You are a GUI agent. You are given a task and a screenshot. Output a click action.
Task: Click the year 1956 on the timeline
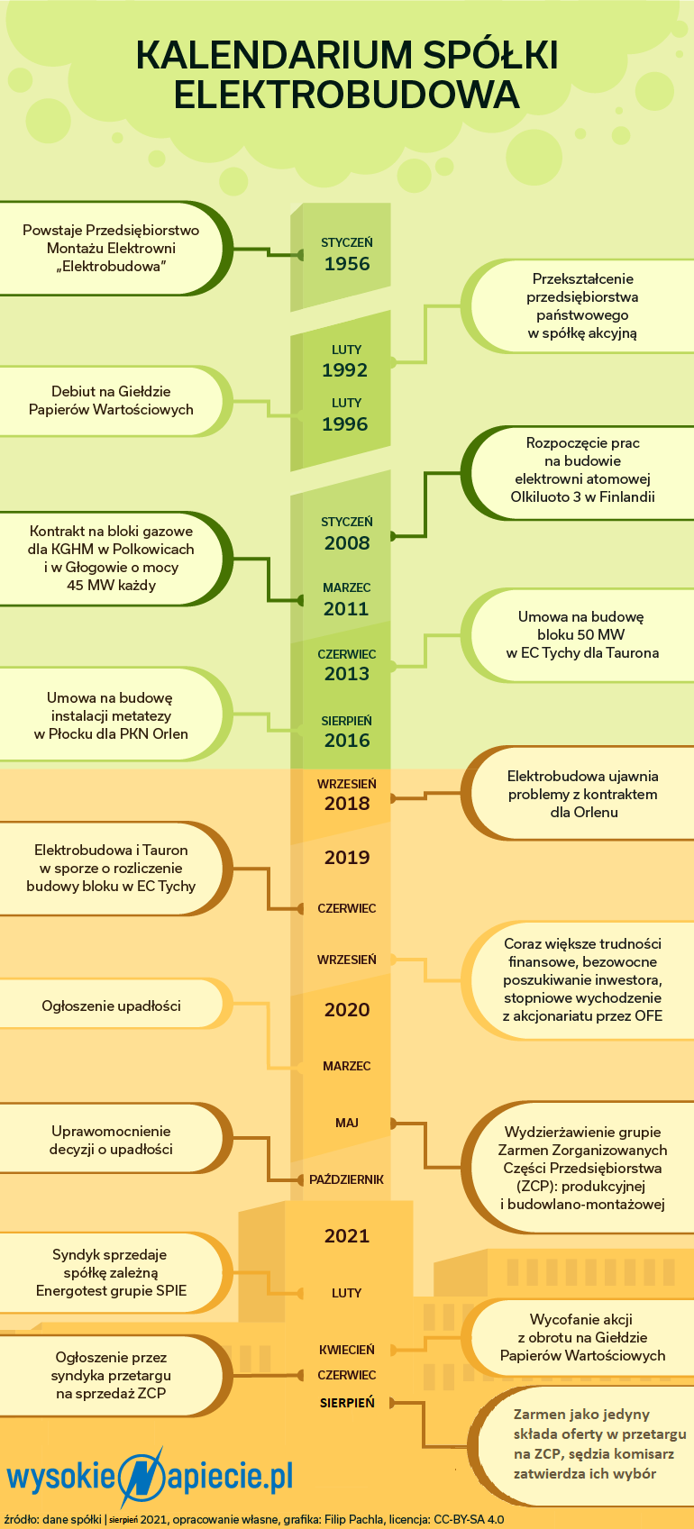(347, 264)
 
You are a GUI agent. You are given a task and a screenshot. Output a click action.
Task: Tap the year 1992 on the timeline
(345, 370)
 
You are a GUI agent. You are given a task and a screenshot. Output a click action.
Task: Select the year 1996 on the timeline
(345, 424)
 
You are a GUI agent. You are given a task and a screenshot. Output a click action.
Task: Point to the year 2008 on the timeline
(347, 543)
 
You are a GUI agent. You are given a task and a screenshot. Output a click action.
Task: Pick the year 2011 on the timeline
(346, 609)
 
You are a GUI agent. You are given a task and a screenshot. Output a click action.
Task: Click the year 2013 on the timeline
(347, 674)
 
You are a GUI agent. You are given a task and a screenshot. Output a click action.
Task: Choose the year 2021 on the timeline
(347, 1235)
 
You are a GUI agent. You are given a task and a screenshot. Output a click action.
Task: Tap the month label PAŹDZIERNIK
(346, 1179)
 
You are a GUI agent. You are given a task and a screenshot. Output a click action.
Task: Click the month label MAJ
(347, 1123)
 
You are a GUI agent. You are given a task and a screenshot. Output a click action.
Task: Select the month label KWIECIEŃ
(347, 1351)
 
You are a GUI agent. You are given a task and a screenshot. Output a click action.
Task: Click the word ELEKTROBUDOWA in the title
(347, 95)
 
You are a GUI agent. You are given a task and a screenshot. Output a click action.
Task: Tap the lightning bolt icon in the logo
(142, 1478)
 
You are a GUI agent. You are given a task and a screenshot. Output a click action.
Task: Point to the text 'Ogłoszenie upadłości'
(112, 1006)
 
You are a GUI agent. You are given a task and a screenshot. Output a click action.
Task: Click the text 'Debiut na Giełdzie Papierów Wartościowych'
(111, 401)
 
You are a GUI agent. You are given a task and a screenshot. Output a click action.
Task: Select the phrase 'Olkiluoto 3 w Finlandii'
(582, 497)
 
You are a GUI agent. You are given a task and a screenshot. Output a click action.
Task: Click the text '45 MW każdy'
(112, 585)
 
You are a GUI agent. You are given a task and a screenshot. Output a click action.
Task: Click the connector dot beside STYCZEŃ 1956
(299, 255)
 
